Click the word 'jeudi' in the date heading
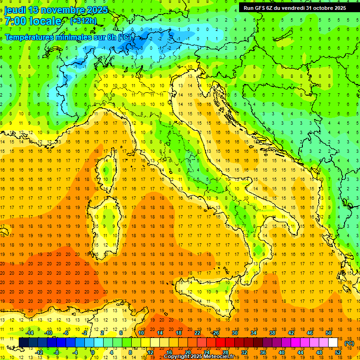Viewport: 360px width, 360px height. click(x=15, y=10)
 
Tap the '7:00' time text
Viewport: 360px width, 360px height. click(x=15, y=22)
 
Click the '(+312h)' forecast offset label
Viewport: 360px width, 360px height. click(x=83, y=21)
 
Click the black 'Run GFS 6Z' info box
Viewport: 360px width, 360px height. click(x=294, y=7)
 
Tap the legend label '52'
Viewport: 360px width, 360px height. click(x=338, y=352)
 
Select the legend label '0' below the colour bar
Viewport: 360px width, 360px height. click(x=93, y=352)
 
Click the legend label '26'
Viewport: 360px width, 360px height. click(x=216, y=332)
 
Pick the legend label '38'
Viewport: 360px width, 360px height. click(x=272, y=332)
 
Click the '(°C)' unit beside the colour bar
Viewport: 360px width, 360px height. click(x=349, y=343)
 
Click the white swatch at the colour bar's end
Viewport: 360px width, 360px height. click(x=333, y=343)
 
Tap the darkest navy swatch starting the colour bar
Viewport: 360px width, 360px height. click(x=23, y=343)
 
